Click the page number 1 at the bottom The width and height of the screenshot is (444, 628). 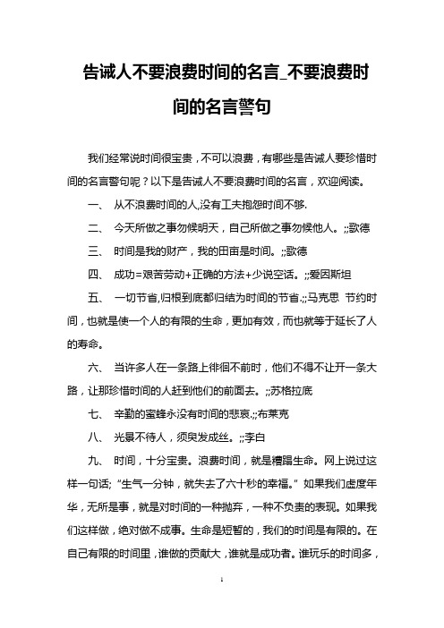point(222,606)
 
